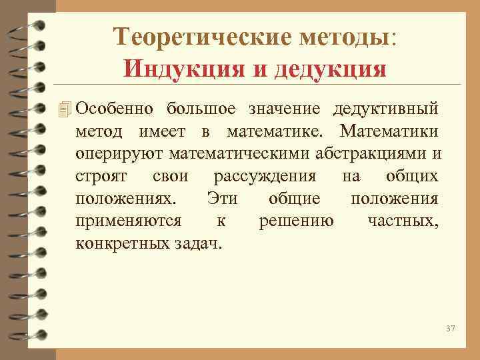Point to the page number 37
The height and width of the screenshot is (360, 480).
[449, 329]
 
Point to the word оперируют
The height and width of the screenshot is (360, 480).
[119, 154]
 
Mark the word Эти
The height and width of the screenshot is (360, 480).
[223, 199]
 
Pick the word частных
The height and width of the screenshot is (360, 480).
[403, 221]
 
